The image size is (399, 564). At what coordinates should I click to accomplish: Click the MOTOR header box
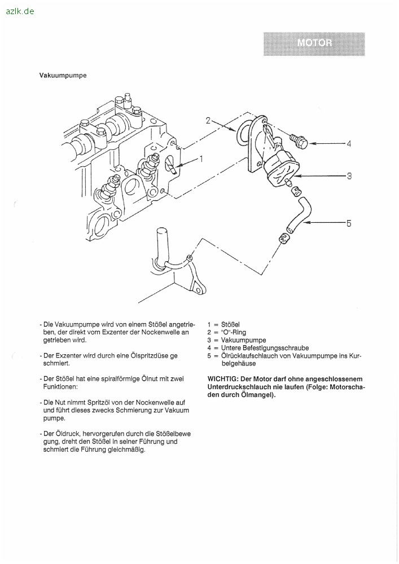314,44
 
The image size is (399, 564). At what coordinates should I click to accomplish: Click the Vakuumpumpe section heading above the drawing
63,76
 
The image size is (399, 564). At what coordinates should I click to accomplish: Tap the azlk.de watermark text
20,11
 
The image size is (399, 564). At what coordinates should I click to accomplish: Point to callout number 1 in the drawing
201,158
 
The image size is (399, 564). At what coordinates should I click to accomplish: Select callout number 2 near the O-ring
208,121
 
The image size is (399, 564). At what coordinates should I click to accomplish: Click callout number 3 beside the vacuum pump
349,175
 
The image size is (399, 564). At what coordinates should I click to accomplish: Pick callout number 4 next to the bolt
349,144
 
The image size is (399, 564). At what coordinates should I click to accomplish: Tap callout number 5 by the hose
349,223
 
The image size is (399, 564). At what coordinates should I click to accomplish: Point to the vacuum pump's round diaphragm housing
282,171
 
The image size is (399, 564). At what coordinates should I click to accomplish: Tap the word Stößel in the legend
230,324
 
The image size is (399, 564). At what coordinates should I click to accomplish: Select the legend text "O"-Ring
234,332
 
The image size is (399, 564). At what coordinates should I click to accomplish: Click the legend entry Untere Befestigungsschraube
265,348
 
